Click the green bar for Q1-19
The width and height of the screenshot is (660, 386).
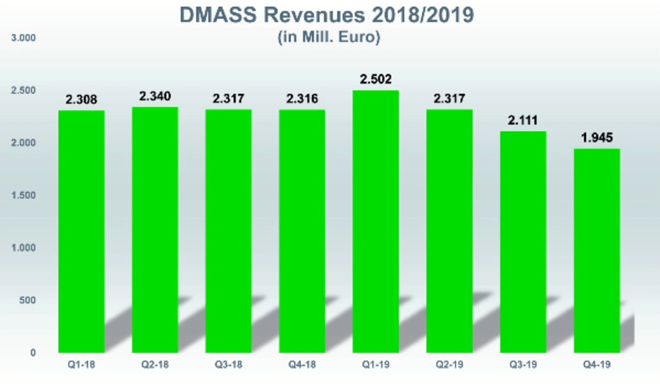375,222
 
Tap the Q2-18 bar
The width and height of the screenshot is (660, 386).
155,230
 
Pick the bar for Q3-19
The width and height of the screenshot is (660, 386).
523,242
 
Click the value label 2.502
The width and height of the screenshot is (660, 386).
376,79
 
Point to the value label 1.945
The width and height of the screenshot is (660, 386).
597,138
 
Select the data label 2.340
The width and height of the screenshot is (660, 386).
155,96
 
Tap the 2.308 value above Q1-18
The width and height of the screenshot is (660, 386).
81,100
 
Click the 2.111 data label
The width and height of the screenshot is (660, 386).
523,121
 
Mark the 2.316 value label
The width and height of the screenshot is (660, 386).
302,99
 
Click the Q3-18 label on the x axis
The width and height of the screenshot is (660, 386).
228,365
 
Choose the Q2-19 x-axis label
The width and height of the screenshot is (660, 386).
449,365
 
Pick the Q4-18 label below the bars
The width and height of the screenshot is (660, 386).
302,365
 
